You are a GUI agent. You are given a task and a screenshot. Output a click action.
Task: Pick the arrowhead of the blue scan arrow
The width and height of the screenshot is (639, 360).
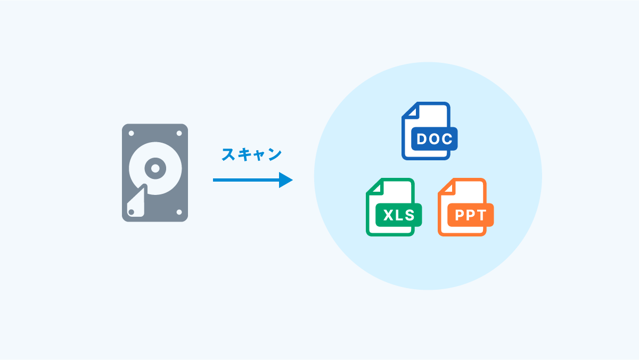tap(286, 180)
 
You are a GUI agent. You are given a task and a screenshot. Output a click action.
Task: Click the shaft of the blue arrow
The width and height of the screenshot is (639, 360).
tap(245, 180)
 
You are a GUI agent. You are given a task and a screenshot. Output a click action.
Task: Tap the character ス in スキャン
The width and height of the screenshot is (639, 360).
tap(228, 155)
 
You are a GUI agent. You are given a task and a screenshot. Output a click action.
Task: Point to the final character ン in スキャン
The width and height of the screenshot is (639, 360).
tap(274, 155)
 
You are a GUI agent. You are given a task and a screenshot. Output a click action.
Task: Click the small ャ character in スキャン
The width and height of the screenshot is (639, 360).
tap(260, 156)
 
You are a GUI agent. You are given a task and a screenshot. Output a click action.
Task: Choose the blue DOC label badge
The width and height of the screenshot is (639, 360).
tap(434, 140)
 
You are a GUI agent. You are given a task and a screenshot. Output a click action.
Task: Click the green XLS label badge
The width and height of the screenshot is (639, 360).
tap(399, 215)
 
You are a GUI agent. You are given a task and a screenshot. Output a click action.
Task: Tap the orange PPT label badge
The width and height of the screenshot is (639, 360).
tap(470, 215)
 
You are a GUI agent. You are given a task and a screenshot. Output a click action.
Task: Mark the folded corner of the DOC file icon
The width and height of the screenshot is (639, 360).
tap(409, 110)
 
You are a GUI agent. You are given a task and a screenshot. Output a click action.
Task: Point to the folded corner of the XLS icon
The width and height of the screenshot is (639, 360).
tap(373, 186)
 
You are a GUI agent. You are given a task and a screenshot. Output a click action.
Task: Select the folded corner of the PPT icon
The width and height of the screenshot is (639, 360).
tap(445, 186)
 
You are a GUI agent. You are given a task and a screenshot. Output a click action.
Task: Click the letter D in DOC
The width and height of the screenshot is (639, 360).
tap(422, 140)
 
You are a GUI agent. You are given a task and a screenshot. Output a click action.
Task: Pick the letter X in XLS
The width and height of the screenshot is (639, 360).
tap(388, 215)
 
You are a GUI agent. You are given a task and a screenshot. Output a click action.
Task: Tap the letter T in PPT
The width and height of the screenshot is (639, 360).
tap(481, 215)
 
